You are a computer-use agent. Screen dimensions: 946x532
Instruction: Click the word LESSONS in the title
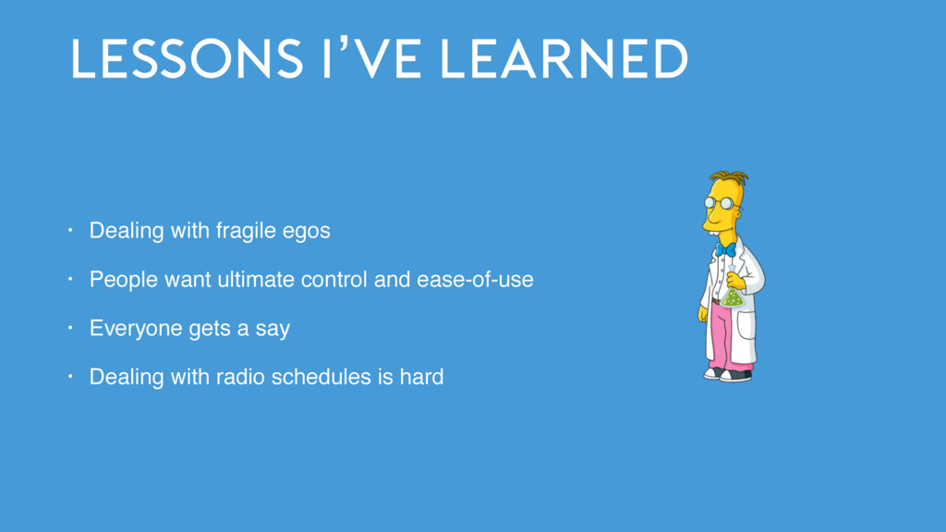pyautogui.click(x=187, y=58)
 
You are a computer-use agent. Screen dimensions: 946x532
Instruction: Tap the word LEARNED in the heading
pyautogui.click(x=564, y=58)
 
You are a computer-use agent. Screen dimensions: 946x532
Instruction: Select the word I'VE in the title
pyautogui.click(x=371, y=57)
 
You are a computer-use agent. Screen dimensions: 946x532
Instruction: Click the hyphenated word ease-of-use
pyautogui.click(x=475, y=280)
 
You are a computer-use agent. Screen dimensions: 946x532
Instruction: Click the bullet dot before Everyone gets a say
pyautogui.click(x=70, y=328)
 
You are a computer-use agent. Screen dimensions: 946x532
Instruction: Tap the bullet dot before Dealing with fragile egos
pyautogui.click(x=70, y=230)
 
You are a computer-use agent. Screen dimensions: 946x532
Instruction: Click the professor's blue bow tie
pyautogui.click(x=725, y=249)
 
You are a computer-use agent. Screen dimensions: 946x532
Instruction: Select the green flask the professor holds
pyautogui.click(x=733, y=294)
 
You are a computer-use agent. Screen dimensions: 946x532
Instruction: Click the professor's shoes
pyautogui.click(x=728, y=374)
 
